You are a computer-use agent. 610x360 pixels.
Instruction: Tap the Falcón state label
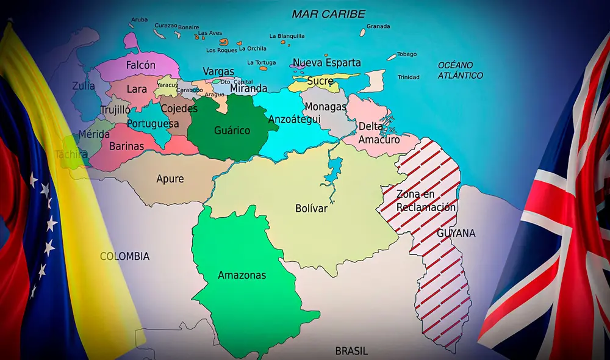[140, 65]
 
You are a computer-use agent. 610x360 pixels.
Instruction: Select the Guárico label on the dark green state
[232, 130]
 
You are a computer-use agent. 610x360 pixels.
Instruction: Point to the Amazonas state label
[242, 275]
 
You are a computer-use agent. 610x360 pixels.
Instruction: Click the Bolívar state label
[311, 209]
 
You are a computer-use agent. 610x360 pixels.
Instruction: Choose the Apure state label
[170, 179]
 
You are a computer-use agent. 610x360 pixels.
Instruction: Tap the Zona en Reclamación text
[426, 201]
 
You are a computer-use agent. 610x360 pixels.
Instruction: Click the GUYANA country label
[456, 233]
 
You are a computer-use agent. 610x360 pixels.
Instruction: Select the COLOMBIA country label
[124, 256]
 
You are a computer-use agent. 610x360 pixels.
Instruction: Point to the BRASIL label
[351, 351]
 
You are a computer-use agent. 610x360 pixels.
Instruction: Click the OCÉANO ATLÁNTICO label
[460, 70]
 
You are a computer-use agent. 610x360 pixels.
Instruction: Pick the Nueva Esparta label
[326, 63]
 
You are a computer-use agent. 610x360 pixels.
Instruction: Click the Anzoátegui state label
[294, 120]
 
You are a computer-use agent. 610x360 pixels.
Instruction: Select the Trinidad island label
[408, 77]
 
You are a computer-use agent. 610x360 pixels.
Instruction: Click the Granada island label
[378, 26]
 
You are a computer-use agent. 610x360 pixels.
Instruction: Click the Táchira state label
[71, 154]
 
